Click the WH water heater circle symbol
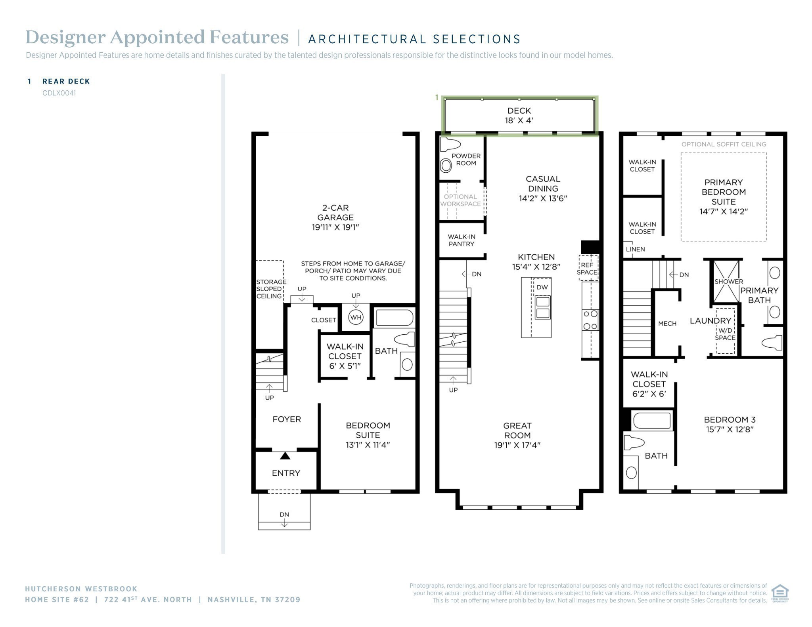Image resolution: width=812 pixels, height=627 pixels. click(x=356, y=317)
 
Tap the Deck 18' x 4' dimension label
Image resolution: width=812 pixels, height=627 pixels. click(x=519, y=120)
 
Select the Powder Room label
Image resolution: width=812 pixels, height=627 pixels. click(x=466, y=160)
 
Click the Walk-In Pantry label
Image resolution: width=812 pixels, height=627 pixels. click(x=462, y=240)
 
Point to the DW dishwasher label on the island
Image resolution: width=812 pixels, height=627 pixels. click(x=542, y=287)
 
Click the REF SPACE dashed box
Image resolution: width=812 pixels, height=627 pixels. click(x=588, y=268)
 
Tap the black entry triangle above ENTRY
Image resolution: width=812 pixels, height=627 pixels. click(x=285, y=456)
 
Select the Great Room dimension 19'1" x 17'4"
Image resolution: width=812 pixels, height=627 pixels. click(x=517, y=445)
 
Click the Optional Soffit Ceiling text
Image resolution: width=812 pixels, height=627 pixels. click(x=724, y=144)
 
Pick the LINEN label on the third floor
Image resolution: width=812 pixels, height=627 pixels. click(x=635, y=249)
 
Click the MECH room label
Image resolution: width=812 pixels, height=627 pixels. click(x=667, y=324)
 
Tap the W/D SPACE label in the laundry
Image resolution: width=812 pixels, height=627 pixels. click(x=725, y=334)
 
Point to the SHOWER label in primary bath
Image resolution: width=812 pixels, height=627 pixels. click(x=729, y=282)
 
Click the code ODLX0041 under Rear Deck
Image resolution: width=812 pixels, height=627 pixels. click(x=59, y=93)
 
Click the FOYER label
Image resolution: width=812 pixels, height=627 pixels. click(x=287, y=419)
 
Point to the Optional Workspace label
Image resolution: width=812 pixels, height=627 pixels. click(x=460, y=200)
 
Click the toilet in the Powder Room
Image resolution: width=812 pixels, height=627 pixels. click(x=450, y=144)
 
